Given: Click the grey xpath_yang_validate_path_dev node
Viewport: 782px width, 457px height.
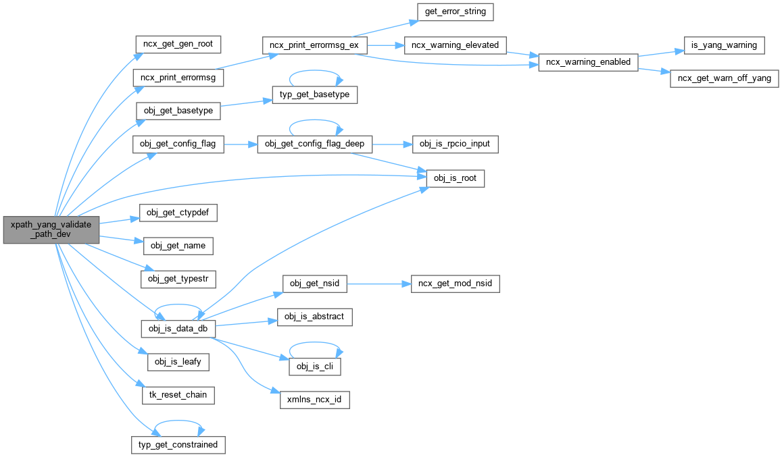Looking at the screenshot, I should pyautogui.click(x=51, y=230).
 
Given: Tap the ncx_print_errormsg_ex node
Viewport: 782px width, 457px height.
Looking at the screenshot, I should pyautogui.click(x=314, y=45).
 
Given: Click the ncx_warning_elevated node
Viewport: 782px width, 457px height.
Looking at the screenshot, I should pyautogui.click(x=454, y=45).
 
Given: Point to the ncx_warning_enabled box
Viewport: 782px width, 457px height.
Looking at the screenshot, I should pyautogui.click(x=587, y=62).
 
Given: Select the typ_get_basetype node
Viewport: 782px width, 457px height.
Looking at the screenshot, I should pyautogui.click(x=314, y=95).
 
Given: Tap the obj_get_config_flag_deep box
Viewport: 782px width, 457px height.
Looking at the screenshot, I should pyautogui.click(x=314, y=144).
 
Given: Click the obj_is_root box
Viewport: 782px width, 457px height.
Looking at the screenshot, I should pyautogui.click(x=456, y=178).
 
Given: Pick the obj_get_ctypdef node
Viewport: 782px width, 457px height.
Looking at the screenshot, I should pyautogui.click(x=178, y=211).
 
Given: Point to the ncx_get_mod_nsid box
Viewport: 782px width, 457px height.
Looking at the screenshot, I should pyautogui.click(x=456, y=284).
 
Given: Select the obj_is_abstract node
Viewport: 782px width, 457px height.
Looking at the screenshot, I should pyautogui.click(x=314, y=317).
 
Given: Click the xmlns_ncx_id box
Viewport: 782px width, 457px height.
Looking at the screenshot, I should pyautogui.click(x=314, y=400).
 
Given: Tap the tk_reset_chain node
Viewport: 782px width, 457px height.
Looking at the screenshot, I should pyautogui.click(x=178, y=395).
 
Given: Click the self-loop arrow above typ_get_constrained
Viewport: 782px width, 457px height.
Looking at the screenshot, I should pyautogui.click(x=178, y=423).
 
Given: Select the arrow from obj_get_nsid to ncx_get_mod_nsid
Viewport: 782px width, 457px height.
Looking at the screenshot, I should pyautogui.click(x=378, y=284).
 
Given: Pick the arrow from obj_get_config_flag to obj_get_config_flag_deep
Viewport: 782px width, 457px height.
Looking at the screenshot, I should pyautogui.click(x=240, y=144).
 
